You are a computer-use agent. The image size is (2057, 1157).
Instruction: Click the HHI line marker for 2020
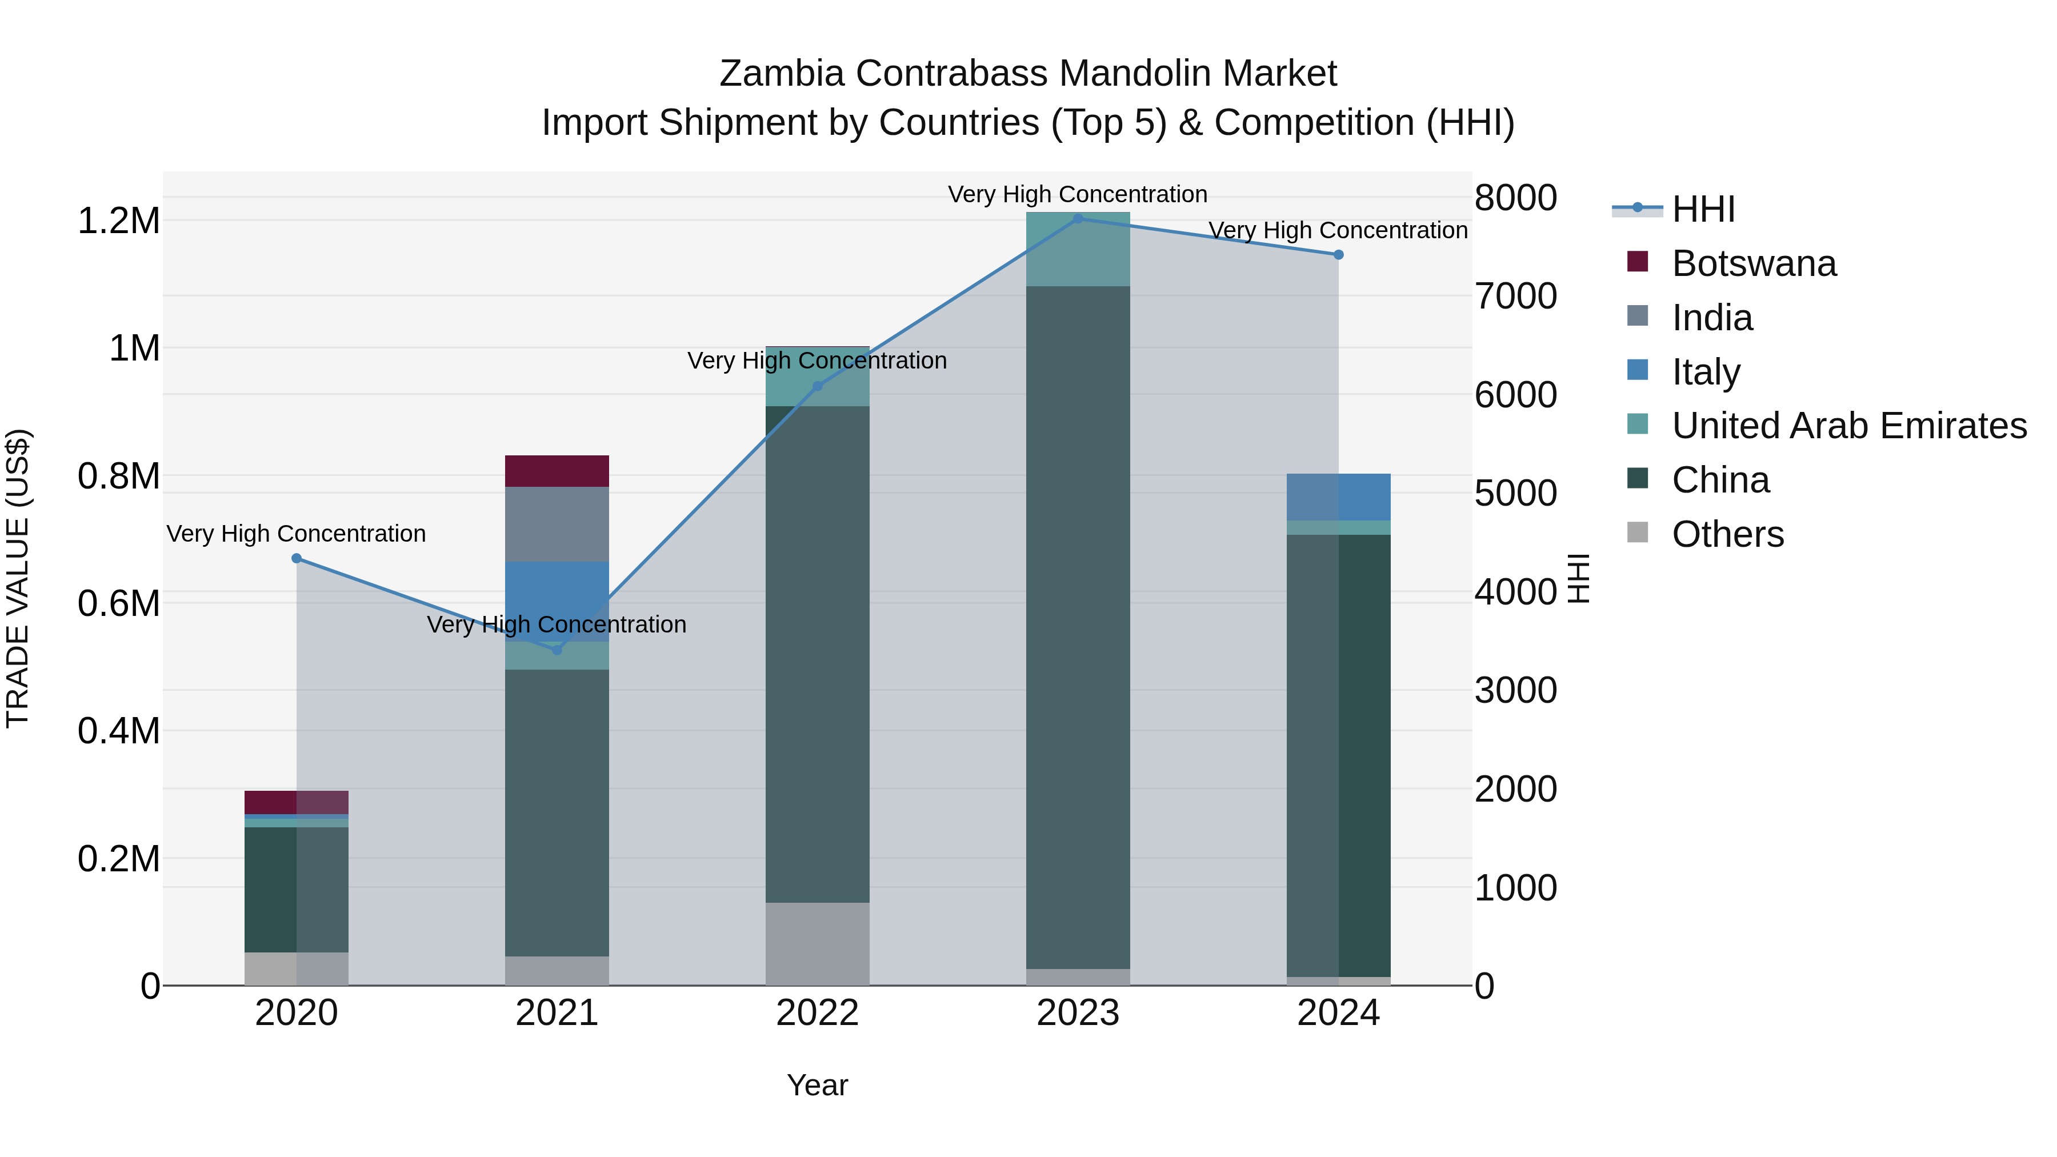coord(296,558)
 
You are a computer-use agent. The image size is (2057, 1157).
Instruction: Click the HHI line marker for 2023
coord(1078,218)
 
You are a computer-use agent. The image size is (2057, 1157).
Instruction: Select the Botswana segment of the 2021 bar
coord(557,471)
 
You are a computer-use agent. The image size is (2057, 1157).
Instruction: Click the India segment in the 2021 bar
coord(557,524)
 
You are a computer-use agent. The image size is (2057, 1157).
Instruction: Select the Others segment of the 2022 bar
coord(817,944)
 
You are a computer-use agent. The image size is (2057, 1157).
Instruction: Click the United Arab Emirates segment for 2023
coord(1078,249)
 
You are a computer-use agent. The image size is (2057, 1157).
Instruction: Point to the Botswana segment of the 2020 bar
coord(296,802)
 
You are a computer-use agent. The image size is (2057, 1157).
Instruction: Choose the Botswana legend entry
coord(1754,263)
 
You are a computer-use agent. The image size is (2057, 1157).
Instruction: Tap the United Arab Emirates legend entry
coord(1848,426)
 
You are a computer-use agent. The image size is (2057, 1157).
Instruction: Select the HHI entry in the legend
coord(1703,209)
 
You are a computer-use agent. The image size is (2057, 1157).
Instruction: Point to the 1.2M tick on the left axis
coord(119,221)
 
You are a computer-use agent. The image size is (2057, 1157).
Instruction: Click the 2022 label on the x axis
coord(817,1012)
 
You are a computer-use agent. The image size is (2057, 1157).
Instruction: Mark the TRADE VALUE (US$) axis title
coord(18,578)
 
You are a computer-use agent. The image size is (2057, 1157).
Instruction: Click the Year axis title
coord(817,1085)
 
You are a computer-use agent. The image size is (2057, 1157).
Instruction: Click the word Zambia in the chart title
coord(781,74)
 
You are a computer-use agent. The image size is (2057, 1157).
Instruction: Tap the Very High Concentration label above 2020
coord(296,534)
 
